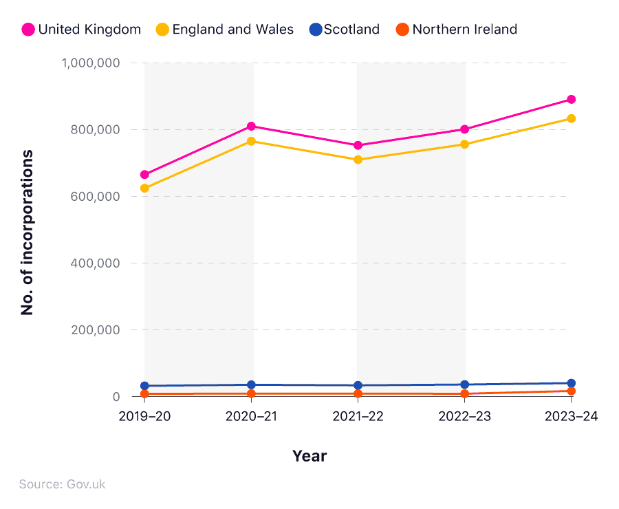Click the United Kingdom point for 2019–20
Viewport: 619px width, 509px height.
tap(144, 175)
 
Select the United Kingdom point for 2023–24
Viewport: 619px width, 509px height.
tap(571, 100)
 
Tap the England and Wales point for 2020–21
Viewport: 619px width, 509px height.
tap(252, 141)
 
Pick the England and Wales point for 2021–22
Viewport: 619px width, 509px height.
tap(358, 160)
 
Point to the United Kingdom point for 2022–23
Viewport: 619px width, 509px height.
tap(465, 129)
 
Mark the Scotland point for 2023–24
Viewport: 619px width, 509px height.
tap(571, 383)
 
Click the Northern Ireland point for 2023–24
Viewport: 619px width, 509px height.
tap(571, 391)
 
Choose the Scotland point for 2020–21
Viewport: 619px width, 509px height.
tap(252, 385)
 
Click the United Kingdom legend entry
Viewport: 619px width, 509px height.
tap(81, 30)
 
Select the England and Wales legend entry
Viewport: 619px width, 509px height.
tap(224, 30)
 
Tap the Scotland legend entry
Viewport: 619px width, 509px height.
tap(345, 30)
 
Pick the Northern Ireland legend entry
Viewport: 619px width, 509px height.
tap(456, 30)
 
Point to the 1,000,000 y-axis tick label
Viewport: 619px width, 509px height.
tap(91, 63)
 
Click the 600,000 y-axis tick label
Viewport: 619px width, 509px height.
tap(95, 197)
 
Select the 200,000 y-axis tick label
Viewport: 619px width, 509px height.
tap(95, 330)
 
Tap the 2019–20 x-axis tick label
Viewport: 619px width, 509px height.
tap(144, 417)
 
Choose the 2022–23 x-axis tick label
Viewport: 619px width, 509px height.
tap(465, 417)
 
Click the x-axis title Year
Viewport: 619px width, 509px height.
tap(309, 456)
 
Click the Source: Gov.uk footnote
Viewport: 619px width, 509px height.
tap(63, 484)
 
